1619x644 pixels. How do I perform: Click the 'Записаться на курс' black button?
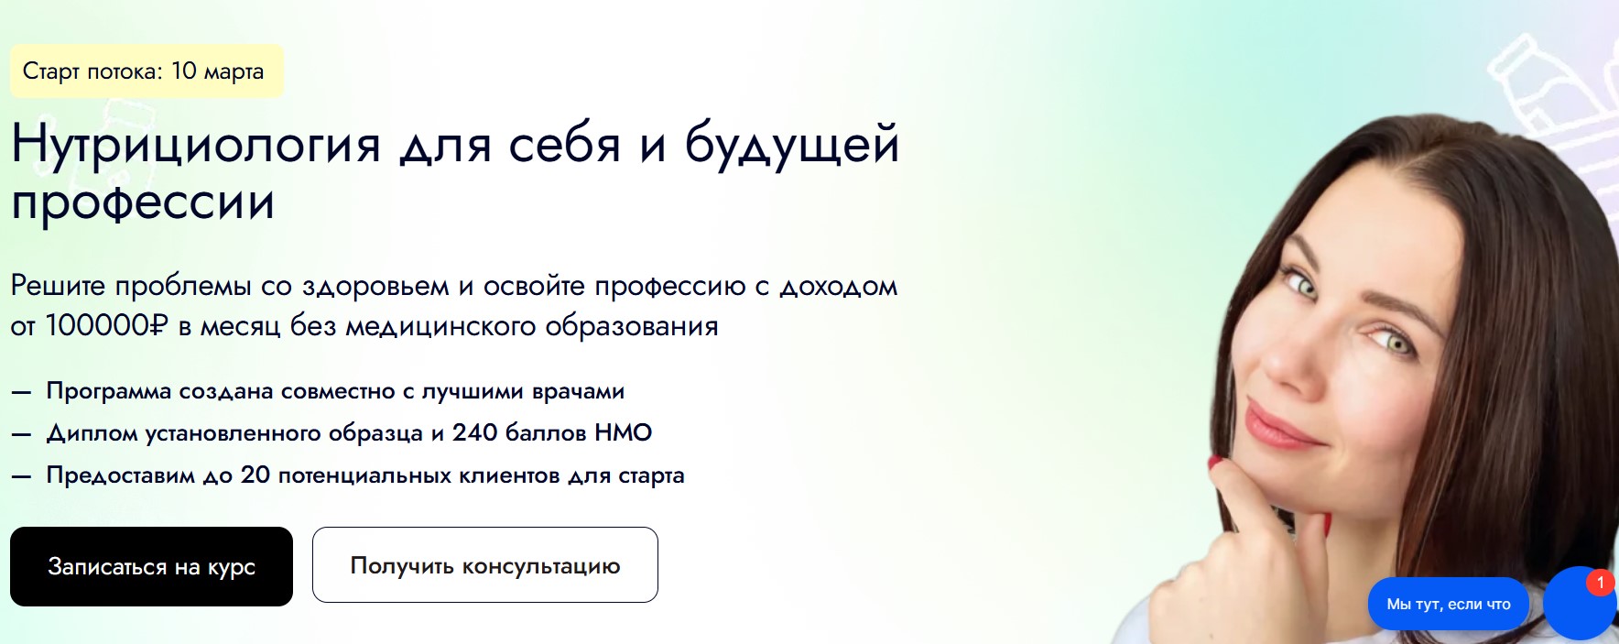click(151, 566)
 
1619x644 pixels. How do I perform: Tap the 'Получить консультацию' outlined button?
click(485, 565)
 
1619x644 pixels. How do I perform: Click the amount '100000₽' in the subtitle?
click(107, 325)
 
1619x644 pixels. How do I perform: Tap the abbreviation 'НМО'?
click(623, 432)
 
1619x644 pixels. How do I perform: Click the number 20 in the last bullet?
click(255, 475)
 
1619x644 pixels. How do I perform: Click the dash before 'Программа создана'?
click(21, 392)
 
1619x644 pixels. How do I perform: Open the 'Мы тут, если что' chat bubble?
click(1449, 604)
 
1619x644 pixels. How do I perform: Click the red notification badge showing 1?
click(1600, 583)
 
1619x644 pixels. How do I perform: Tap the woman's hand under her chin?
click(1227, 550)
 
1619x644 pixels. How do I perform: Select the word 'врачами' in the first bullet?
click(578, 392)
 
